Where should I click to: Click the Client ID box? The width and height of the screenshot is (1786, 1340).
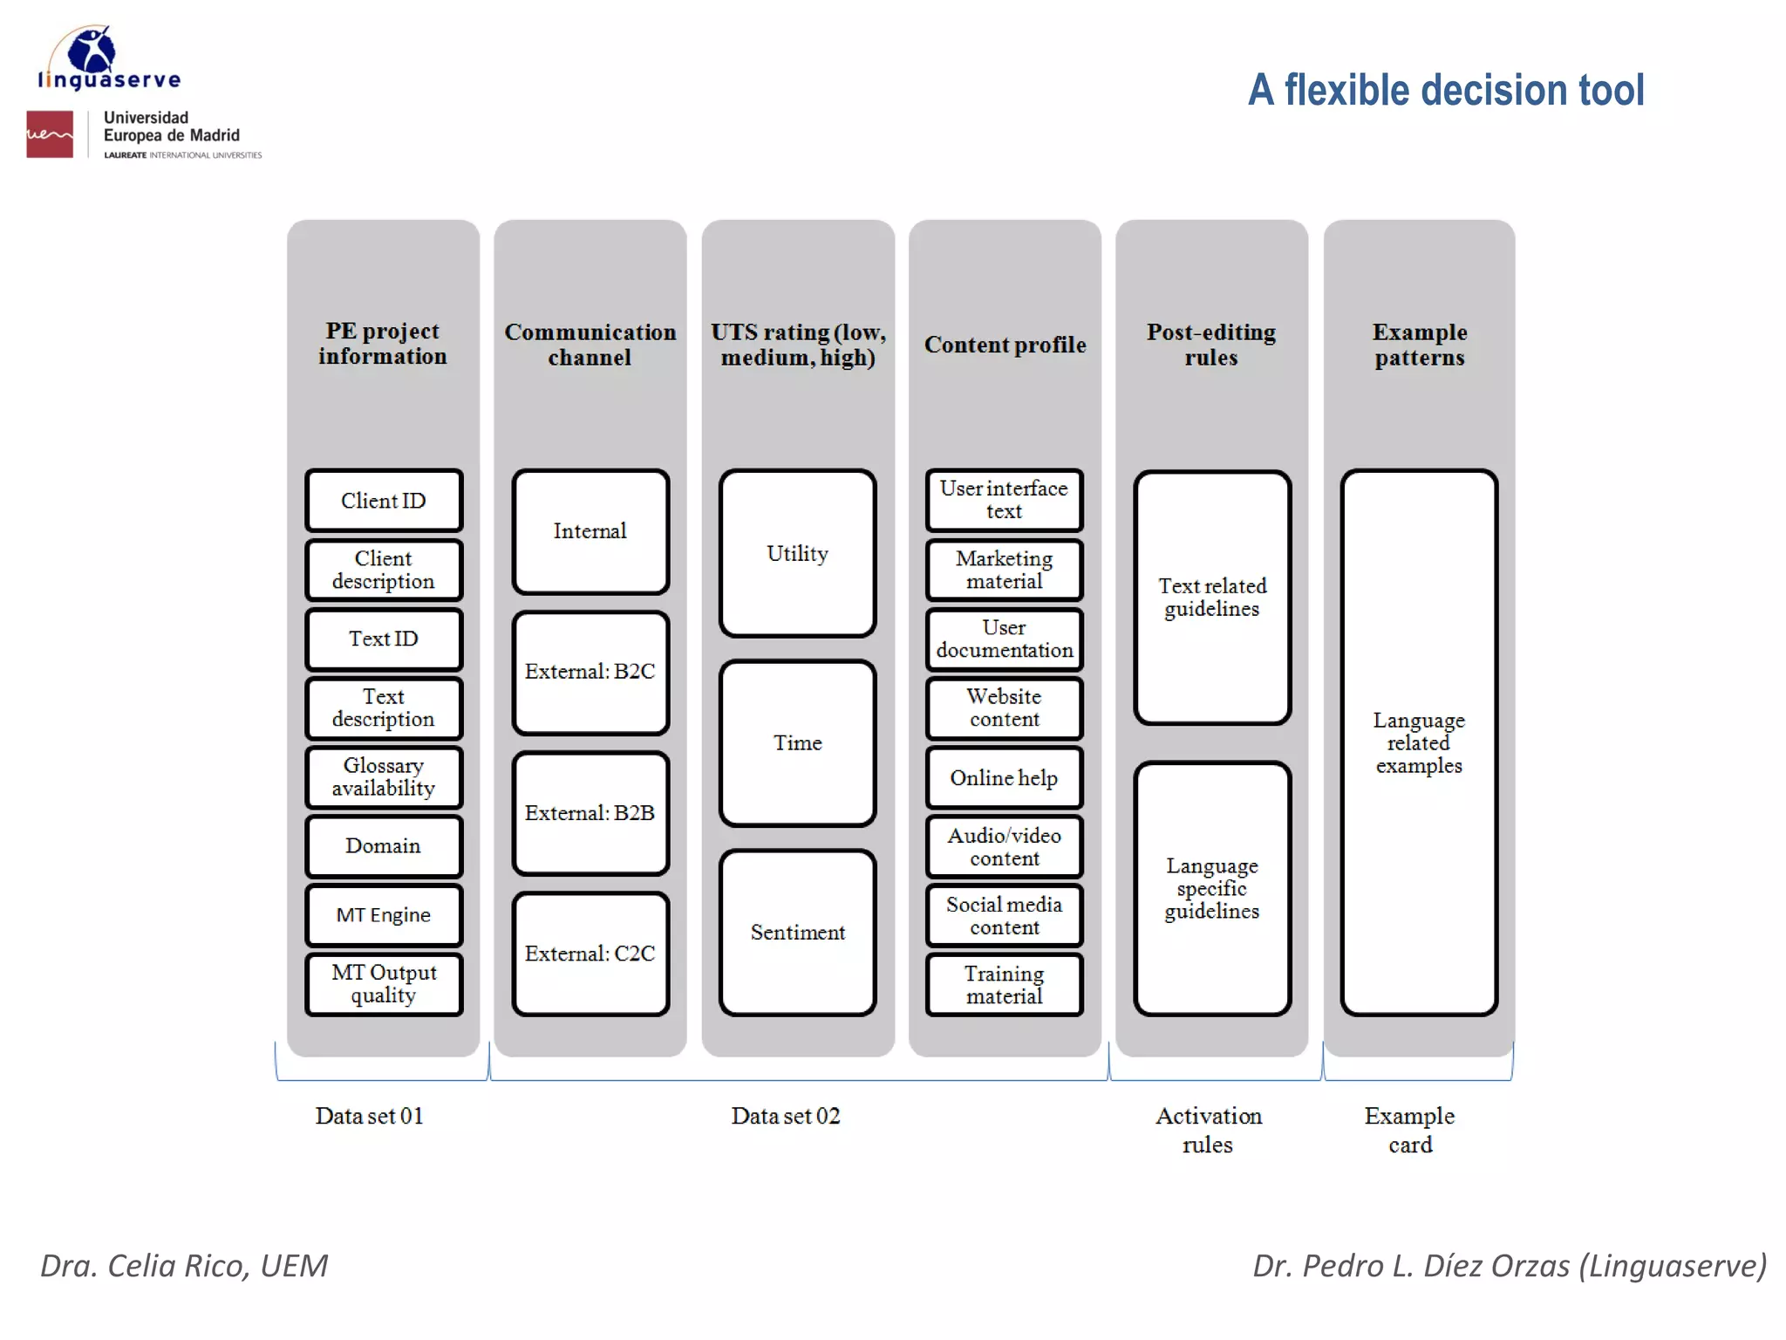(x=384, y=501)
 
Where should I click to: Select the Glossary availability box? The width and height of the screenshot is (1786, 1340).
(x=384, y=776)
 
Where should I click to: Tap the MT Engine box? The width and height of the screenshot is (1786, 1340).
(x=384, y=914)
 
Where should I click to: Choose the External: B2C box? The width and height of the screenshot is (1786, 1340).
(x=590, y=672)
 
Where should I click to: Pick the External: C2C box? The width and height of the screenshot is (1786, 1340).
(x=590, y=954)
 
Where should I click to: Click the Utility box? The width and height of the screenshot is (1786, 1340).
(x=797, y=554)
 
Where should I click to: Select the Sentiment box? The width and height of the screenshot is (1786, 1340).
(x=797, y=933)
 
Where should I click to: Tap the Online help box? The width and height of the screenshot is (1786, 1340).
(x=1004, y=777)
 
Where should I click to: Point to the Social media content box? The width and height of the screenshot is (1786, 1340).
(x=1004, y=915)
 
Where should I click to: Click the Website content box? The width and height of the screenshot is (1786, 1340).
(x=1004, y=708)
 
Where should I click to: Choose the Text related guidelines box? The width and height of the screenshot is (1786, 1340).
(x=1212, y=598)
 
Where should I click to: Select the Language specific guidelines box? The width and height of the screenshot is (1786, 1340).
(x=1212, y=888)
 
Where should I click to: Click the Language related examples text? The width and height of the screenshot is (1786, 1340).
(x=1419, y=743)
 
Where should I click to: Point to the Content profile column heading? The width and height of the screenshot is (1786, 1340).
(x=1005, y=345)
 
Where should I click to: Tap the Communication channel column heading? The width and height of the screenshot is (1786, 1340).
(x=590, y=345)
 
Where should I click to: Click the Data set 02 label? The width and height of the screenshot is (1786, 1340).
(x=786, y=1116)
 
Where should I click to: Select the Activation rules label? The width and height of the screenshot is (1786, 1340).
(x=1209, y=1130)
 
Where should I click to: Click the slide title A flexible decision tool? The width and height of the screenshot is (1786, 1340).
(x=1446, y=90)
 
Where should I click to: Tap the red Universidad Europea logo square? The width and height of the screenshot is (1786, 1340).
(x=50, y=134)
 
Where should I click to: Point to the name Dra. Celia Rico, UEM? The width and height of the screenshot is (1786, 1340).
(x=184, y=1266)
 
